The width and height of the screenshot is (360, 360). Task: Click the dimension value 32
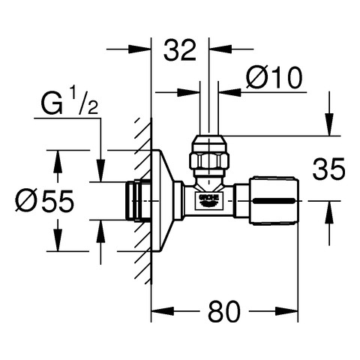coord(180,50)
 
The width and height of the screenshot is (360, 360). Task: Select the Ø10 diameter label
coord(274,77)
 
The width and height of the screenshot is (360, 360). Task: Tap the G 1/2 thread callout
coord(70,103)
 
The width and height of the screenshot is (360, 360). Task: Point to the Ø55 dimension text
coord(45,200)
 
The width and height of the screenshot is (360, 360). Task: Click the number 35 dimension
coord(328,169)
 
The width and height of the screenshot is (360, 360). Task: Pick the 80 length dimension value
coord(224,311)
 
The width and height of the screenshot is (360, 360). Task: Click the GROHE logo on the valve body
coord(208,199)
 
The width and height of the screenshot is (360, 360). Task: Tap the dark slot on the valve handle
coord(274,201)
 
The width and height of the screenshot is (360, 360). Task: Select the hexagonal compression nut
coord(209,161)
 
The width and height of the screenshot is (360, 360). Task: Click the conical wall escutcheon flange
coord(163,201)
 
